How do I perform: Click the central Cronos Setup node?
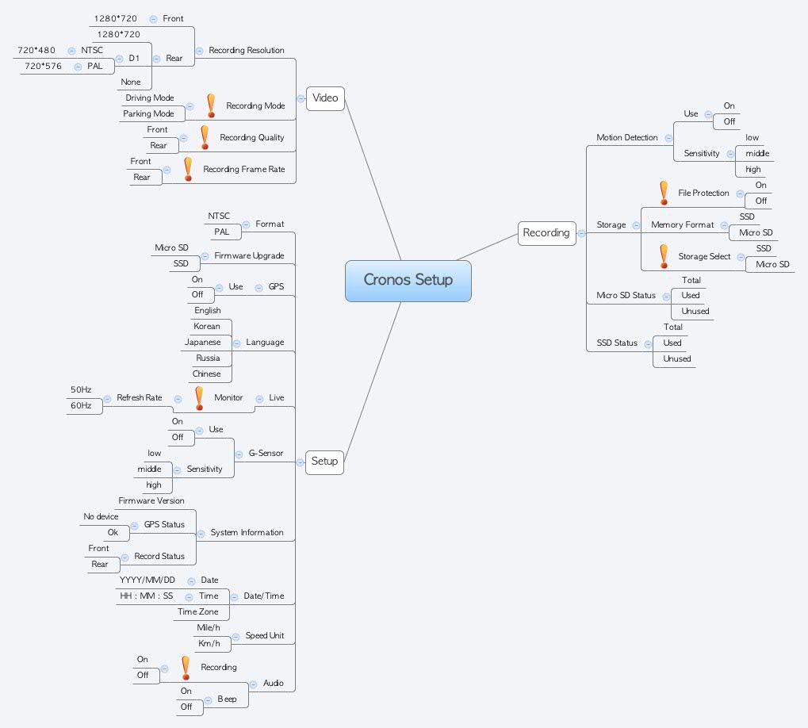(x=408, y=280)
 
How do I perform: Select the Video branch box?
(x=325, y=98)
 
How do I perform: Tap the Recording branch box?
(x=546, y=233)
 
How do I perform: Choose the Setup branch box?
(x=324, y=462)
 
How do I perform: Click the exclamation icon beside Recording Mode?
(x=210, y=105)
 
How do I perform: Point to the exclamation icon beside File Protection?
(x=664, y=193)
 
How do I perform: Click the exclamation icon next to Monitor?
(x=199, y=397)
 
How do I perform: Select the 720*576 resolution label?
(x=44, y=67)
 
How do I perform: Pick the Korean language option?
(x=207, y=327)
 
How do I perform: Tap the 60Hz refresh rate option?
(x=81, y=406)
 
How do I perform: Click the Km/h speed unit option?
(x=209, y=644)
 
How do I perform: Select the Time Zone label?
(x=198, y=612)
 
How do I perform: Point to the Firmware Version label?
(x=151, y=501)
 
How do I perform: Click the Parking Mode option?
(x=148, y=114)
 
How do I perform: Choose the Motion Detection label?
(x=627, y=138)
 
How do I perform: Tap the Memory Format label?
(x=683, y=225)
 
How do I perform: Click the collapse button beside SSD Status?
(x=648, y=343)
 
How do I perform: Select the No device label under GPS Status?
(x=101, y=517)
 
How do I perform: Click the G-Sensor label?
(x=266, y=454)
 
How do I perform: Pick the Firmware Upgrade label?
(x=249, y=256)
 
